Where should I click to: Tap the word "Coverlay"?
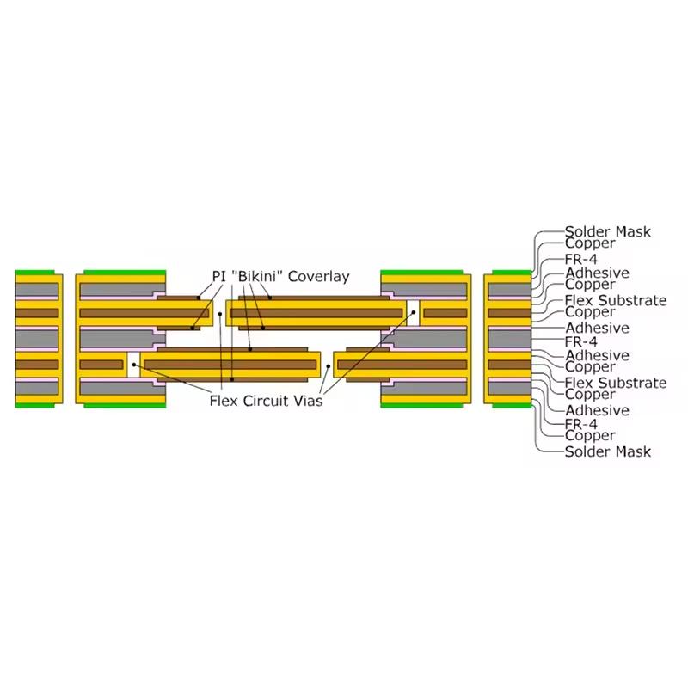click(x=318, y=277)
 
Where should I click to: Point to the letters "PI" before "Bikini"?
click(x=219, y=277)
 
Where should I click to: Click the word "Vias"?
click(x=305, y=400)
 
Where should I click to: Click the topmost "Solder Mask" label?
click(x=607, y=231)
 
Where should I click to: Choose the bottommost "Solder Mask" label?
click(x=607, y=451)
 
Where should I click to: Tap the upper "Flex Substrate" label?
click(x=616, y=300)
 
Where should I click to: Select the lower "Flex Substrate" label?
click(x=616, y=383)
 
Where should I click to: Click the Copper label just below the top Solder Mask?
click(x=590, y=243)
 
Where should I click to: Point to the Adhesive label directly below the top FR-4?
click(x=597, y=273)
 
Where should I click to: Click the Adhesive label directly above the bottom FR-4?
click(x=597, y=411)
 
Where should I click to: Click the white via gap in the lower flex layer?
click(x=133, y=365)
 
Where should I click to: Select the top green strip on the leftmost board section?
click(x=39, y=273)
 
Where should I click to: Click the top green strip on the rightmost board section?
click(x=507, y=273)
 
